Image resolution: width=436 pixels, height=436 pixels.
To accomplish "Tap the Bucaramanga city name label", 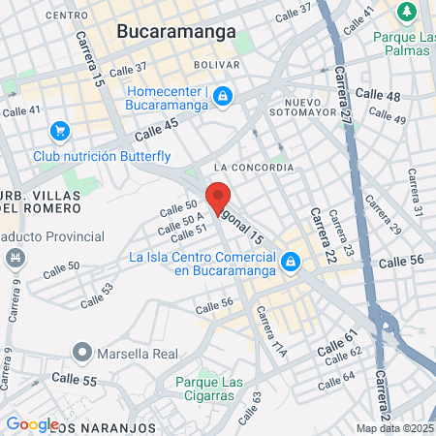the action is [x=176, y=31].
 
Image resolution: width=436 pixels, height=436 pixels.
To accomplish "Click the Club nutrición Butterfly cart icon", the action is [x=60, y=130].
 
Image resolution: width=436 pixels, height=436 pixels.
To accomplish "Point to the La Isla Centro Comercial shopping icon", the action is [x=290, y=263].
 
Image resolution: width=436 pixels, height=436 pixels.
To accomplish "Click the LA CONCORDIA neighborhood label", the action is [x=255, y=168].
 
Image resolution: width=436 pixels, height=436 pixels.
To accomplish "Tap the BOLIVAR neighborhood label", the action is [x=216, y=64].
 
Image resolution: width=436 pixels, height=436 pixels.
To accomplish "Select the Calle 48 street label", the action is [x=378, y=95].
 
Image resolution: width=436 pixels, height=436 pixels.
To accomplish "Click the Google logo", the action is [x=32, y=423].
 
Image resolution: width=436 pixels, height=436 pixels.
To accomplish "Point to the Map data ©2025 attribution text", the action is [x=395, y=428].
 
